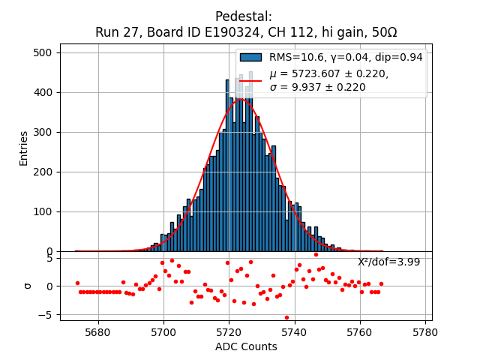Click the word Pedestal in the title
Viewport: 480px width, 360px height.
pos(244,16)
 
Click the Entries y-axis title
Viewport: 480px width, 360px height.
pos(23,148)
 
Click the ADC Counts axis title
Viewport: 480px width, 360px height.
pos(246,346)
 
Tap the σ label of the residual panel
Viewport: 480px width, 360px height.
pos(28,286)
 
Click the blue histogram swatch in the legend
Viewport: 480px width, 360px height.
pos(250,57)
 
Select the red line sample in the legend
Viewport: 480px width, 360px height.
pos(250,80)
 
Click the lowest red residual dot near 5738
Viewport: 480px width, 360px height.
pos(286,317)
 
